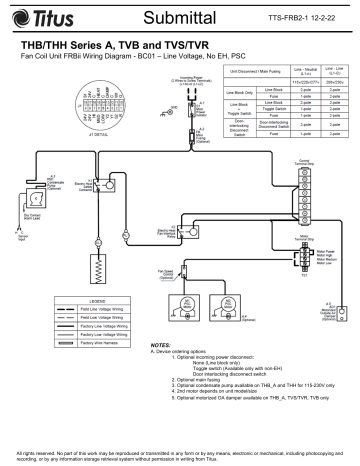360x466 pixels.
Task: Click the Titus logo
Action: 44,18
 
